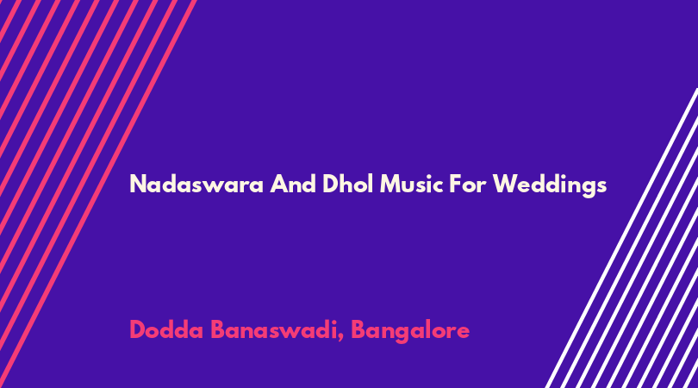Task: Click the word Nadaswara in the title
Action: pyautogui.click(x=196, y=184)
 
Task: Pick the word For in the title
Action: pyautogui.click(x=467, y=184)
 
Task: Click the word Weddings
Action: pyautogui.click(x=549, y=185)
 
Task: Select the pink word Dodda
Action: pyautogui.click(x=166, y=330)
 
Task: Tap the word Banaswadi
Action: pyautogui.click(x=272, y=330)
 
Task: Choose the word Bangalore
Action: pyautogui.click(x=410, y=331)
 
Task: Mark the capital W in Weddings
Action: pyautogui.click(x=505, y=184)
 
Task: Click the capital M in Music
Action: pyautogui.click(x=390, y=184)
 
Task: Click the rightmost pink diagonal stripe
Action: pyautogui.click(x=97, y=194)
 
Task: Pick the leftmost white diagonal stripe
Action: pyautogui.click(x=621, y=238)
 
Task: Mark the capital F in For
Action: pyautogui.click(x=455, y=184)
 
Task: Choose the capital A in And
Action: pyautogui.click(x=278, y=184)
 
